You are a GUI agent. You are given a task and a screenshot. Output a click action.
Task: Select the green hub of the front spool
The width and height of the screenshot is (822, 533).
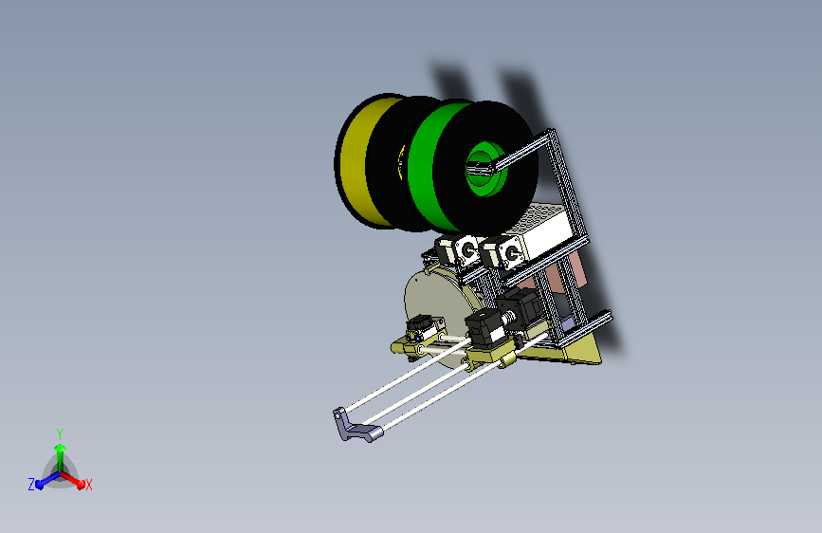coord(485,169)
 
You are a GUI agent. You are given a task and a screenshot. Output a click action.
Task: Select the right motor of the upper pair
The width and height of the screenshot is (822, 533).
coord(502,252)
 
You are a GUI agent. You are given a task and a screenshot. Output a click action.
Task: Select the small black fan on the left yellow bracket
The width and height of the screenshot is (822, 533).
coord(417,330)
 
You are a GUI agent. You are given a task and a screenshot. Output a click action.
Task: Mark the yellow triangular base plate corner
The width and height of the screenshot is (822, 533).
coord(593,356)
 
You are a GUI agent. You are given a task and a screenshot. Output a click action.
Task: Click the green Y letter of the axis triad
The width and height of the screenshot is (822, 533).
coord(59,432)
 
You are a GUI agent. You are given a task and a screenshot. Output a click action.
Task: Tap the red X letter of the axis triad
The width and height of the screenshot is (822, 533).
coord(88,486)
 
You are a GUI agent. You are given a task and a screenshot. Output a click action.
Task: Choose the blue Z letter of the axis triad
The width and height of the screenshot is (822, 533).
coord(31,485)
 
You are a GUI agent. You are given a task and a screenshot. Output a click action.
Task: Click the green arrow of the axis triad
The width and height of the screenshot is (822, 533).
coord(60,453)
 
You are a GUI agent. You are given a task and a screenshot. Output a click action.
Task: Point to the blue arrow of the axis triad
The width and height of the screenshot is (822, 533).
coord(44,481)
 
